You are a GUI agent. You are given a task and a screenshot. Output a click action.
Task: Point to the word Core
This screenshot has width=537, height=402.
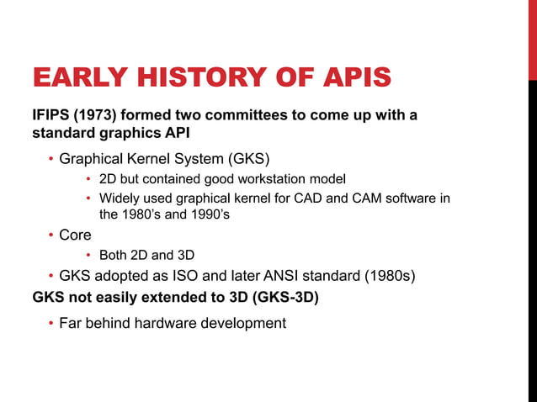click(75, 236)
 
